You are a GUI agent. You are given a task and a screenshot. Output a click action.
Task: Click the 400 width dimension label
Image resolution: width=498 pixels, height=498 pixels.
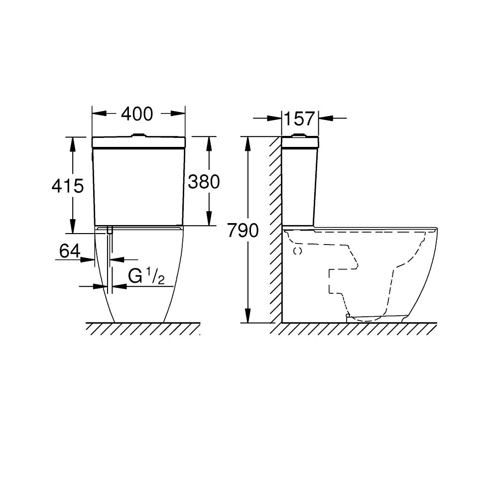137,114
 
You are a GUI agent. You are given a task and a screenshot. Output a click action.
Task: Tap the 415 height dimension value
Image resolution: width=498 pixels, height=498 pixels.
68,186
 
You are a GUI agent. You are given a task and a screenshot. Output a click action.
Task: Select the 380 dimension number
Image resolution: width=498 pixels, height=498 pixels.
204,182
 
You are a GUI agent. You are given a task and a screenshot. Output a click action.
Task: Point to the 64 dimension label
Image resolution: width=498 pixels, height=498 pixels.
70,251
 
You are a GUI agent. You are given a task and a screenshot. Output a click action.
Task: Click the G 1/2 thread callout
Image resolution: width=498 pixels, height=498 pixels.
146,276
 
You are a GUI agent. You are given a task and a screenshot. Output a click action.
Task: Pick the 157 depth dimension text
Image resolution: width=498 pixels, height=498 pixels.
299,119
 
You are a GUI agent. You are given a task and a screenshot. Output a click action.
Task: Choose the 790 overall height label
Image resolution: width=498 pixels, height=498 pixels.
243,231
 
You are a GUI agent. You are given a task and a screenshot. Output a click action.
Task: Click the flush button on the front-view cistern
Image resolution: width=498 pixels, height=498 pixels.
138,135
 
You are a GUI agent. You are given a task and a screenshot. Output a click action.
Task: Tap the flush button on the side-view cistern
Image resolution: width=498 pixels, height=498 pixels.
298,135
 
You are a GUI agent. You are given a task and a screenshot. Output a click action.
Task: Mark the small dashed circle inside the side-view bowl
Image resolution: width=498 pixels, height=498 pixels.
298,251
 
